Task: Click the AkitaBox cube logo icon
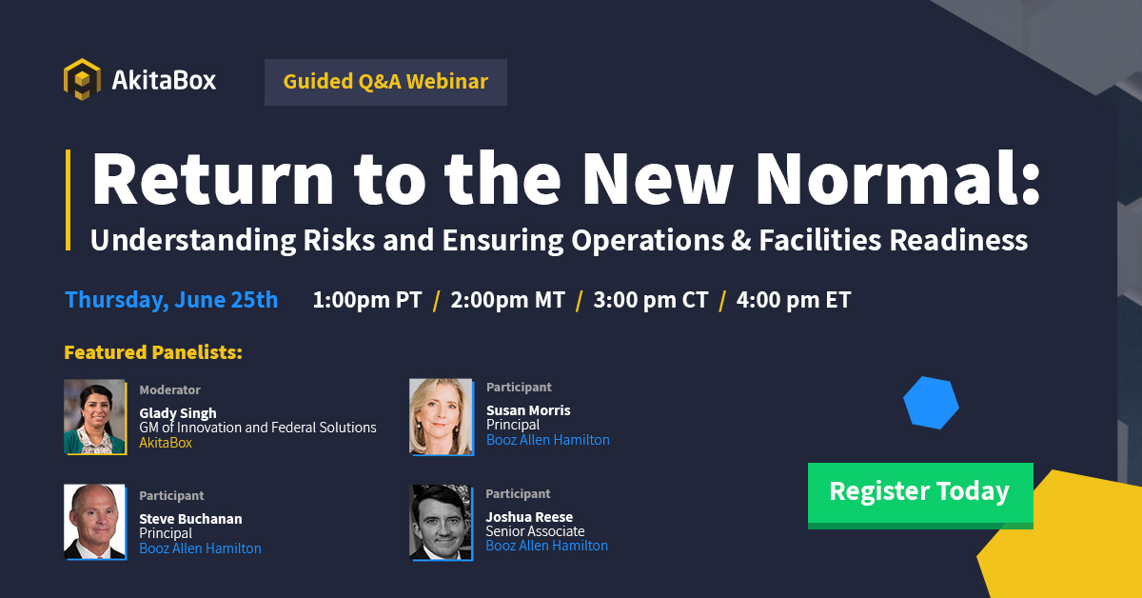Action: click(82, 80)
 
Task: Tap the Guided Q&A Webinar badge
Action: click(385, 82)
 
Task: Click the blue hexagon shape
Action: click(931, 403)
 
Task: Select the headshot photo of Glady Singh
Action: click(94, 417)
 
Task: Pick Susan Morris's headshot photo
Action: click(441, 417)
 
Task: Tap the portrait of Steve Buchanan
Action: click(94, 522)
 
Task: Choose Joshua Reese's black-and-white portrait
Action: click(441, 522)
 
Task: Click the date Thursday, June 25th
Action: click(171, 300)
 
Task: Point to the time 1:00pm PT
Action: click(367, 301)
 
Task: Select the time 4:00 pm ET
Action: click(794, 301)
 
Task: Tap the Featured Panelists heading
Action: click(153, 353)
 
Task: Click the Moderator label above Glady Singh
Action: click(169, 389)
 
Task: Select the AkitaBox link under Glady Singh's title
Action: click(166, 443)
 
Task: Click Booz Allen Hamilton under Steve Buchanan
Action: click(200, 548)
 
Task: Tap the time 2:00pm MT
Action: click(508, 301)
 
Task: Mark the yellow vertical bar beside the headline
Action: click(69, 200)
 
